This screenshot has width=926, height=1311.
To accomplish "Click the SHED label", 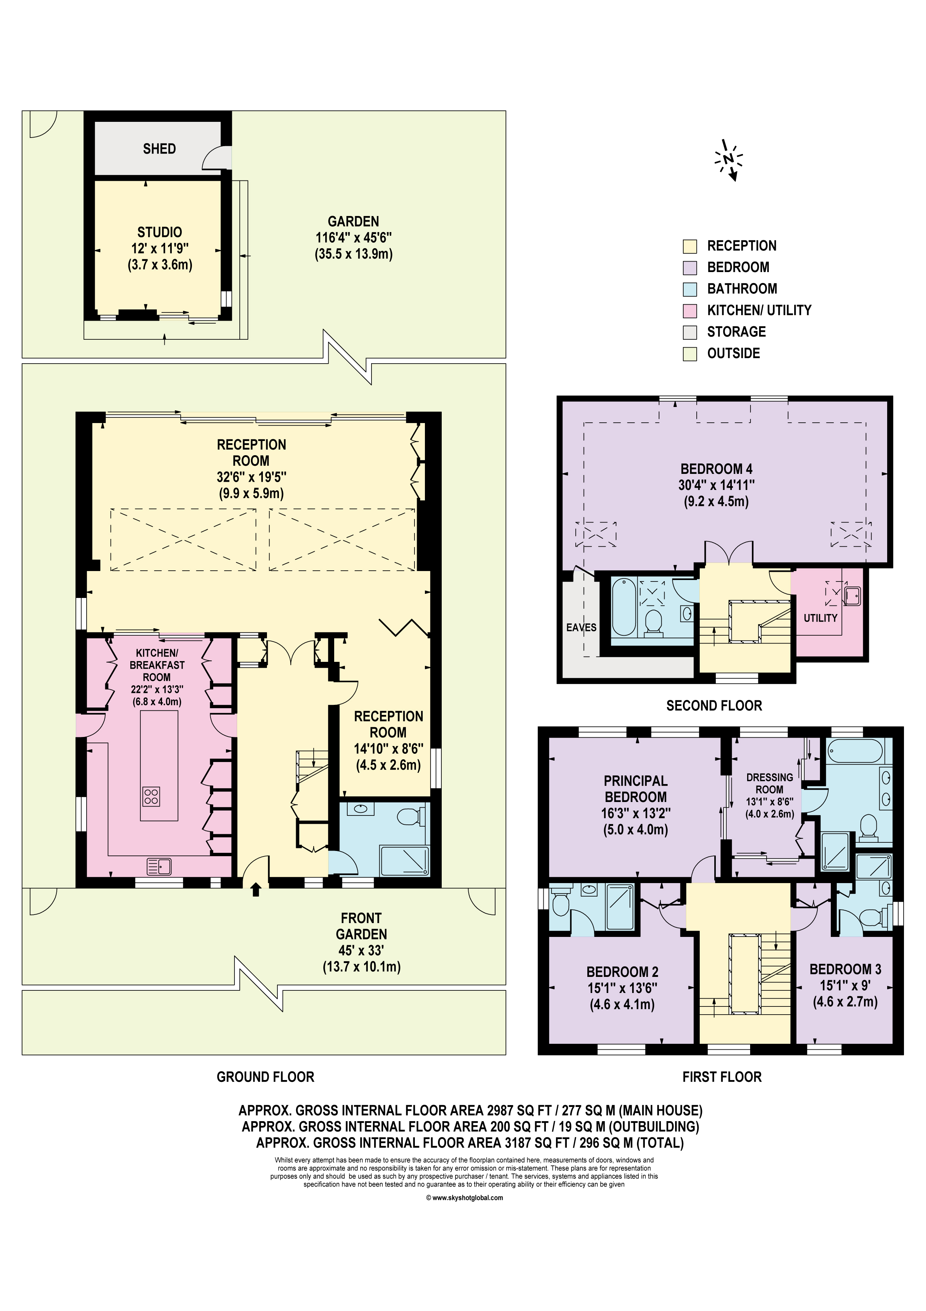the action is (x=159, y=149).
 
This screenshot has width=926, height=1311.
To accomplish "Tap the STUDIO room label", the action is (x=160, y=232).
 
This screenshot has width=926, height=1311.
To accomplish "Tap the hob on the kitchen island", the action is (x=151, y=796).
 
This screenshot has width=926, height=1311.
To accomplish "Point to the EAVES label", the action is (x=581, y=627).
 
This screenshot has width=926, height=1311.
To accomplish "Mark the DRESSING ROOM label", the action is (x=770, y=783).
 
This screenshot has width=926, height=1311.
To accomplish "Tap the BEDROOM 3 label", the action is (x=845, y=969).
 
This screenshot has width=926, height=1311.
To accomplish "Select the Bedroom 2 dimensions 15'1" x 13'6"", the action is (x=622, y=988).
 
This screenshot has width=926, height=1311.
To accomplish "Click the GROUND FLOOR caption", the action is (x=265, y=1077).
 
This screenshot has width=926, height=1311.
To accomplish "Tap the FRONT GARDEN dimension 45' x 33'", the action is (x=361, y=951).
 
